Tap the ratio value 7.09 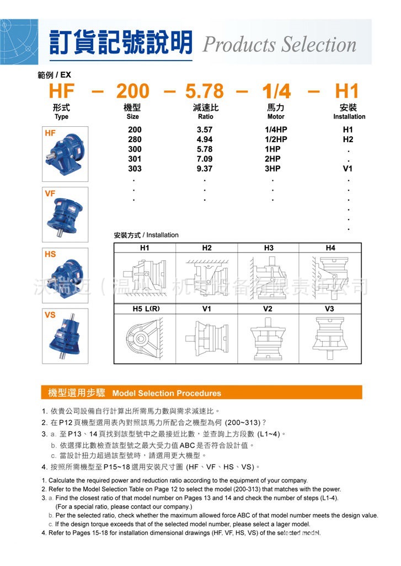tap(204, 159)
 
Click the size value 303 tap(135, 169)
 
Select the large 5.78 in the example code tap(204, 91)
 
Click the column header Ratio tap(205, 117)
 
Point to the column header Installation tap(349, 117)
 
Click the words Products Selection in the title tap(279, 44)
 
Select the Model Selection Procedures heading tap(166, 393)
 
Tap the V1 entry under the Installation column tap(347, 169)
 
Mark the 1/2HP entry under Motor tap(276, 139)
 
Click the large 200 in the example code tap(136, 91)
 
